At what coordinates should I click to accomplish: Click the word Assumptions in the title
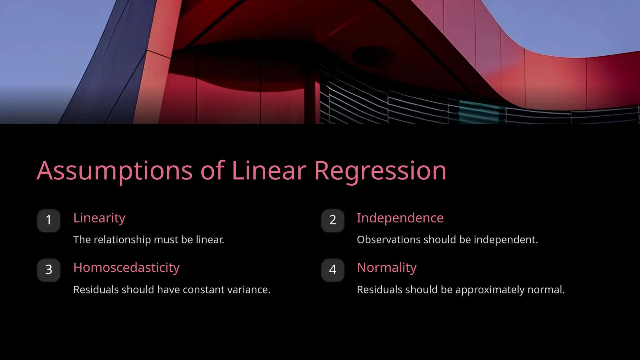pos(114,171)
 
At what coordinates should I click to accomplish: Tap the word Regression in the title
pos(380,171)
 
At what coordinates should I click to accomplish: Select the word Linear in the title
pos(269,171)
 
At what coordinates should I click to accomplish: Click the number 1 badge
pos(48,220)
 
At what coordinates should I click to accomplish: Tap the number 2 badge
pos(332,220)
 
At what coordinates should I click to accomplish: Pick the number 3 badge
pos(48,270)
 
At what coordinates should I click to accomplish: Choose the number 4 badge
pos(332,270)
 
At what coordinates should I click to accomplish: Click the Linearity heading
pos(99,218)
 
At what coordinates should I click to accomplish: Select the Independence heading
pos(400,218)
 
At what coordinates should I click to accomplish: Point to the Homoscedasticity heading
pos(126,268)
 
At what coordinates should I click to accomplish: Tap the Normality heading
pos(387,268)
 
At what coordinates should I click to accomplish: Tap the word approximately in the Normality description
pos(490,290)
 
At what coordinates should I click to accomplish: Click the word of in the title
pos(212,171)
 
